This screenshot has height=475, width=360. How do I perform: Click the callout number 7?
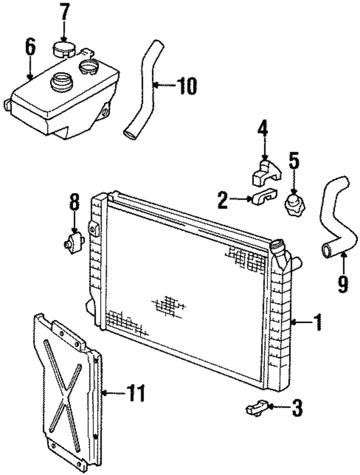[65, 12]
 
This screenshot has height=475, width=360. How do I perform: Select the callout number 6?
[30, 47]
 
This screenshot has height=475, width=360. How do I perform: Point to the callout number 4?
[263, 130]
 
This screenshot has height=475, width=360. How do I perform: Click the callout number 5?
[294, 160]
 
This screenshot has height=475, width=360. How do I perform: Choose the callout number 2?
[223, 200]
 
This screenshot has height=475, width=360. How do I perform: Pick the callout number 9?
[343, 284]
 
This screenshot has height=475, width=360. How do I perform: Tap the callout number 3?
[296, 408]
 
